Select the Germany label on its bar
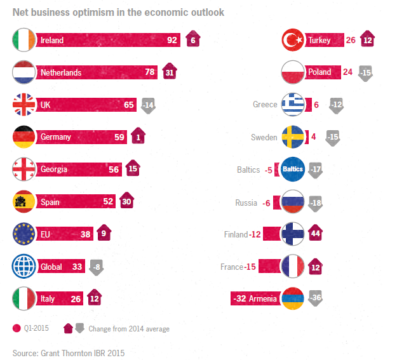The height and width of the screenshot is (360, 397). tap(56, 137)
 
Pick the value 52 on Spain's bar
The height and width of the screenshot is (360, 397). tap(108, 202)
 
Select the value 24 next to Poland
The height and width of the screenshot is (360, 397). tap(347, 72)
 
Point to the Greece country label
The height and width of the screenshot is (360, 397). tap(265, 105)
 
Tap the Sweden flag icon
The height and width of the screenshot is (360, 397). tap(295, 137)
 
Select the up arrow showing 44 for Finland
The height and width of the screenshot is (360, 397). tap(316, 234)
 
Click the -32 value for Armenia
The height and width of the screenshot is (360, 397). tap(240, 298)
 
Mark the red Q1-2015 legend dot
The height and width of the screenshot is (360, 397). tap(17, 329)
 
